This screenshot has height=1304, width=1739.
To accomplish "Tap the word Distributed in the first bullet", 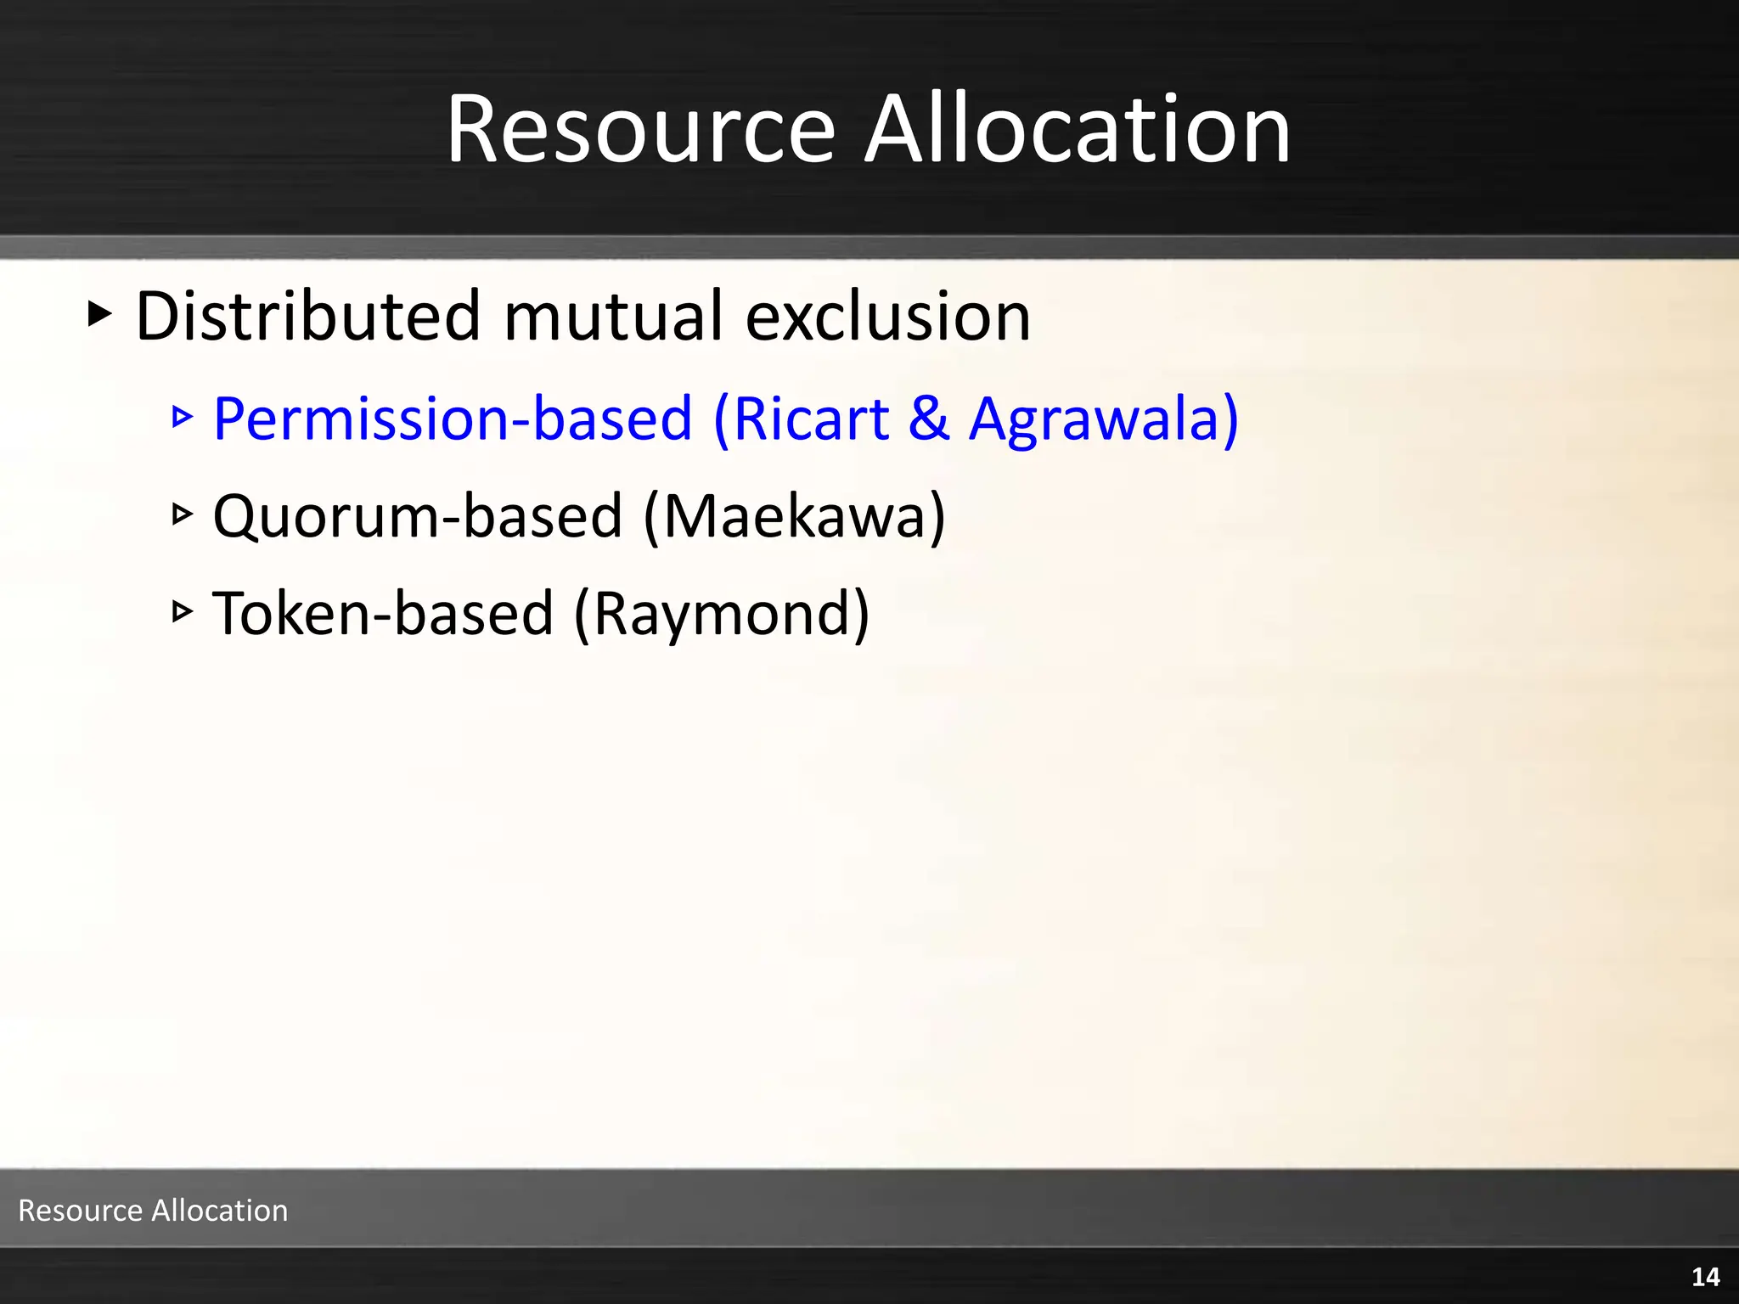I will [x=308, y=316].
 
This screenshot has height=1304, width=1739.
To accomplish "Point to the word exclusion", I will [x=887, y=316].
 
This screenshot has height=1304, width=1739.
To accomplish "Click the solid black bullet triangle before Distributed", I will [x=99, y=313].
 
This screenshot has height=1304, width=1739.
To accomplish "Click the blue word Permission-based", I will [x=453, y=419].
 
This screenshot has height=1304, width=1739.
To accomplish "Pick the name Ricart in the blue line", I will [x=811, y=419].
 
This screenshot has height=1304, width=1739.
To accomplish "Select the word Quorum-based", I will [x=417, y=516].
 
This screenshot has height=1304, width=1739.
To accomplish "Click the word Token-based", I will [x=383, y=613].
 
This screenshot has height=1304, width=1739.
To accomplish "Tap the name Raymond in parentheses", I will [x=722, y=613].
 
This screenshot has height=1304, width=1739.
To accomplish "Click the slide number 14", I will [x=1705, y=1277].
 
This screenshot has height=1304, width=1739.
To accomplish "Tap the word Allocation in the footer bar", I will [x=219, y=1210].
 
